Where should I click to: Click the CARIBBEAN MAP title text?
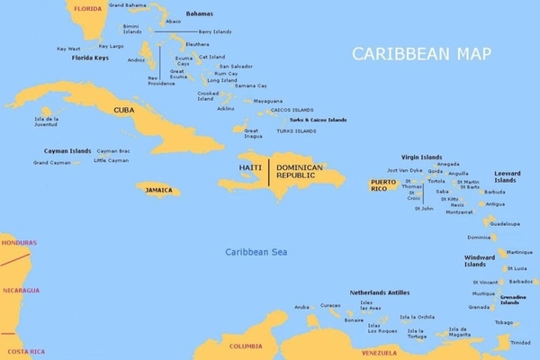[x=422, y=54]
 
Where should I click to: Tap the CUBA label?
[x=123, y=110]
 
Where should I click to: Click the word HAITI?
[x=250, y=168]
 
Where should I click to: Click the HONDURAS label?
[x=19, y=243]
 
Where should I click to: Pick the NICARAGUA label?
[x=20, y=291]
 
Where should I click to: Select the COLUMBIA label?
[x=245, y=346]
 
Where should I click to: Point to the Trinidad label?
[x=520, y=343]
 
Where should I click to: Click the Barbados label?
[x=520, y=281]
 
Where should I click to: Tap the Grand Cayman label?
[x=51, y=163]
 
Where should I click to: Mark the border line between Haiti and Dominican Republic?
[x=268, y=171]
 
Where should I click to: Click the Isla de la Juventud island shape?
[x=47, y=111]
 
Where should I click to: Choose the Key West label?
[x=68, y=49]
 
